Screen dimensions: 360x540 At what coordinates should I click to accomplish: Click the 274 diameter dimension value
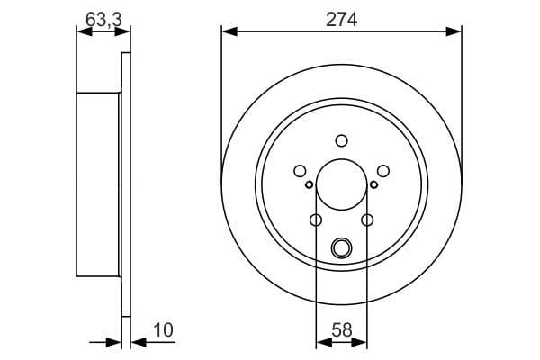(341, 18)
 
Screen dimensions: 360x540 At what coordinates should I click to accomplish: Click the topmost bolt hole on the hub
(341, 139)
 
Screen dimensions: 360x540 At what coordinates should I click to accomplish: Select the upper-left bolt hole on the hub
(300, 171)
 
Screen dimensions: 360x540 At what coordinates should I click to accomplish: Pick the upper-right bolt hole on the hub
(382, 171)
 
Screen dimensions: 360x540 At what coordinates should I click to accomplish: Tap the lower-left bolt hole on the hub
(316, 220)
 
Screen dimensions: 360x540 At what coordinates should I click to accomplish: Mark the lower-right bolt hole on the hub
(366, 220)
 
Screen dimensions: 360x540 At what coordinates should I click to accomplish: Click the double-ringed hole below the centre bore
(341, 247)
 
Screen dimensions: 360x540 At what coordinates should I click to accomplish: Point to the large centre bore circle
(341, 184)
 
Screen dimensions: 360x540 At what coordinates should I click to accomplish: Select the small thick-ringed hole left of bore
(309, 184)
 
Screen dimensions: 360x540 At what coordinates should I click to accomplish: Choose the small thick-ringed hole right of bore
(373, 184)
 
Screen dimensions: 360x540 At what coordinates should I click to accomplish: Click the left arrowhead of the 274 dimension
(228, 31)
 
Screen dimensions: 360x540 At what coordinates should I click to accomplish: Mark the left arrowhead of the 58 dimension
(321, 341)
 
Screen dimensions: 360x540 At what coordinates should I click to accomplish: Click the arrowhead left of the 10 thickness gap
(115, 341)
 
